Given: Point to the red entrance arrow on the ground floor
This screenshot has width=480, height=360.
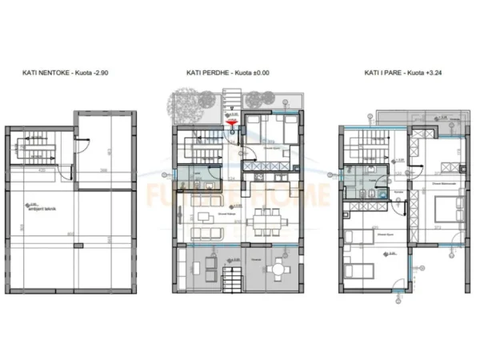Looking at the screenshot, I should coord(233,122).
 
